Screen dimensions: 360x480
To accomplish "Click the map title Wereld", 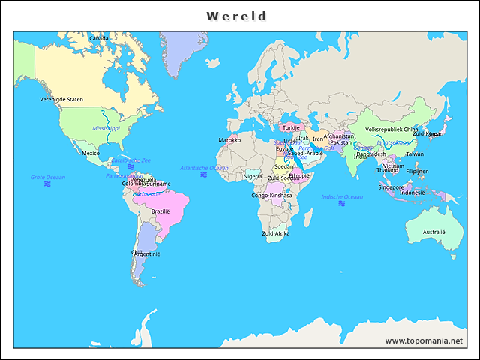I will pos(237,16).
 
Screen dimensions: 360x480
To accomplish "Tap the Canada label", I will pos(98,38).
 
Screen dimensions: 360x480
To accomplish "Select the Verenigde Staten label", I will pos(61,99).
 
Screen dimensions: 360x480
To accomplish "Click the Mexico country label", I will pos(91,153).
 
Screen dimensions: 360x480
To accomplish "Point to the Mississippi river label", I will pos(106,129).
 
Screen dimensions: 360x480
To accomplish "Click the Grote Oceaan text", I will pos(47,177).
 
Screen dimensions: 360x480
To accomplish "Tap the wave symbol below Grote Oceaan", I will pos(47,184).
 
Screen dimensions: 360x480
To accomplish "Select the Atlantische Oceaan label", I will pos(204,168).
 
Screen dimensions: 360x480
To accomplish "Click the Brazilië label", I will pos(161,211).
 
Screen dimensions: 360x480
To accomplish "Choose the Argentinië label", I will pos(147,253).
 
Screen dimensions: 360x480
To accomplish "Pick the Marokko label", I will pos(229,140).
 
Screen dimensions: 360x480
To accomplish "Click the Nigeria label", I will pos(253,176).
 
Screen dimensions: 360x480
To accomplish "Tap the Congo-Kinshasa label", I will pos(271,195).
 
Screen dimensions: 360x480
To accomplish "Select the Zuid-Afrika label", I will pos(275,233).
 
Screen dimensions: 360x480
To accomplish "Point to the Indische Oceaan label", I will pos(341,196).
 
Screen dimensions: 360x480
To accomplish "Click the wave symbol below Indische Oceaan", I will pos(341,204).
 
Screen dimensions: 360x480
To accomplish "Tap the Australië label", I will pos(433,232).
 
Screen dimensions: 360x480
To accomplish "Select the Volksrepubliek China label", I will pos(391,129).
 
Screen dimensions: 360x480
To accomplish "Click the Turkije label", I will pos(291,127).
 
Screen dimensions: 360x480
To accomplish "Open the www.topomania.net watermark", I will pos(424,340).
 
